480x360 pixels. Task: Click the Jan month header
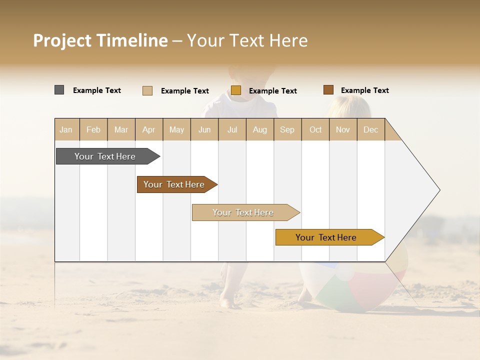[x=66, y=129]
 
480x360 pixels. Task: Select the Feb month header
[x=93, y=129]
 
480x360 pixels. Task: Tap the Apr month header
[x=148, y=129]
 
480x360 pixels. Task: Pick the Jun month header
[x=204, y=129]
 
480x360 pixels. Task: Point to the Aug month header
[x=259, y=129]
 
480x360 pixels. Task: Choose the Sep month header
[x=287, y=129]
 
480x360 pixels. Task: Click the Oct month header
[x=315, y=129]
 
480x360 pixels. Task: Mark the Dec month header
[x=370, y=129]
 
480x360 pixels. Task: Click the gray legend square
[x=59, y=90]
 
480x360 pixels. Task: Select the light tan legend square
[x=147, y=90]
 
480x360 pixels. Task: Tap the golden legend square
[x=236, y=90]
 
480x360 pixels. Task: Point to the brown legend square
[x=328, y=90]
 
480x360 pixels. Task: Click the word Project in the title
[x=61, y=40]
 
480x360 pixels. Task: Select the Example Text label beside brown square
[x=364, y=90]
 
